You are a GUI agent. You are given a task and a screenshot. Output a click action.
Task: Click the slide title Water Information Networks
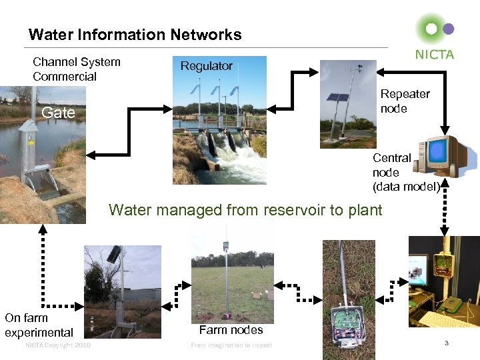pos(135,35)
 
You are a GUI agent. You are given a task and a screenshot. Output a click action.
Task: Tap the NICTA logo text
pos(434,55)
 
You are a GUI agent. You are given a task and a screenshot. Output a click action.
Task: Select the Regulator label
pos(207,66)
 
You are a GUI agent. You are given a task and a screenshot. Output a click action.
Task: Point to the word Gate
pos(59,113)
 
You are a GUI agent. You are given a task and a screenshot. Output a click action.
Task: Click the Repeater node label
pos(405,101)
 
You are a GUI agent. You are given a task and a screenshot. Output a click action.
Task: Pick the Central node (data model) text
pos(406,172)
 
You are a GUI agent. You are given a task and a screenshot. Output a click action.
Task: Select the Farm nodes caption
pos(231,329)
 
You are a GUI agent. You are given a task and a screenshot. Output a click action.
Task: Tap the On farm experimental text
pos(39,325)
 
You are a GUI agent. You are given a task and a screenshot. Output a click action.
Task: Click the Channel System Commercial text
pos(76,69)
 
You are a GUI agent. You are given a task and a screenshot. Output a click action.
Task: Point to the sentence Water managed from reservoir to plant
pos(245,210)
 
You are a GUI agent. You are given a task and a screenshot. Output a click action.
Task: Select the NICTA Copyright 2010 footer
pos(57,345)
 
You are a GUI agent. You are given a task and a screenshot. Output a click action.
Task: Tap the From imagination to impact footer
pos(231,345)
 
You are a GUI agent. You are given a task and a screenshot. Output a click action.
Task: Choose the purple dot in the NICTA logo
pos(449,29)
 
